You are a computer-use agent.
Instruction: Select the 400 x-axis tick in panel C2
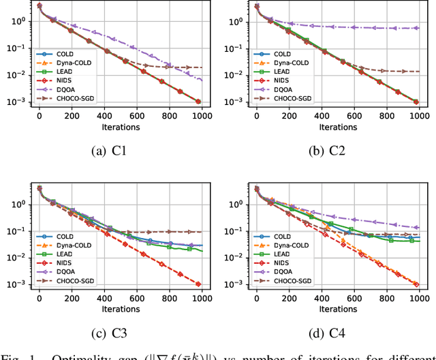tap(321, 115)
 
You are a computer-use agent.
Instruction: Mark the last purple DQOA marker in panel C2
tap(416, 28)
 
